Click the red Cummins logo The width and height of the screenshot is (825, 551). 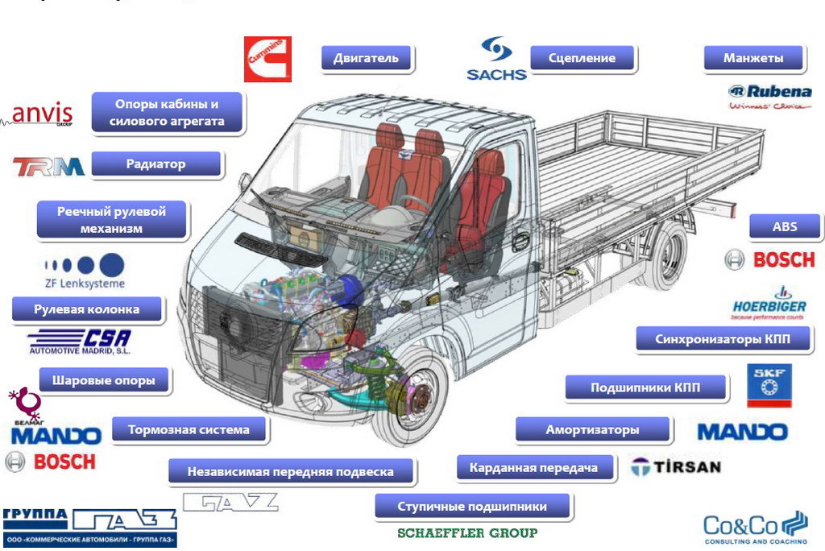pos(267,59)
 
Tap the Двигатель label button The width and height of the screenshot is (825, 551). pos(366,59)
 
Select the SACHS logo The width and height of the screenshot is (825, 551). pos(496,59)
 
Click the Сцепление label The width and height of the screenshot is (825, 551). pos(582,58)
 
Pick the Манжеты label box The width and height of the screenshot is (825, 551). pos(753,59)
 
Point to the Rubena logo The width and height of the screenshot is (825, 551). pos(769,97)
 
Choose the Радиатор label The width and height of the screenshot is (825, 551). pos(155,164)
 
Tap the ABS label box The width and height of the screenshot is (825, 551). pos(784,227)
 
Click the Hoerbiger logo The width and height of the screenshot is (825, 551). pos(769,301)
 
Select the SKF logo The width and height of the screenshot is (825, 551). pos(769,385)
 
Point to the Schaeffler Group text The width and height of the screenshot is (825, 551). pos(467,532)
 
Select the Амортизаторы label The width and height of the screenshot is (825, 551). pos(592,430)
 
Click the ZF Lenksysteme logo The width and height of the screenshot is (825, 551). pos(85,270)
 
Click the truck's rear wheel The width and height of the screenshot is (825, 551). pos(666,255)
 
